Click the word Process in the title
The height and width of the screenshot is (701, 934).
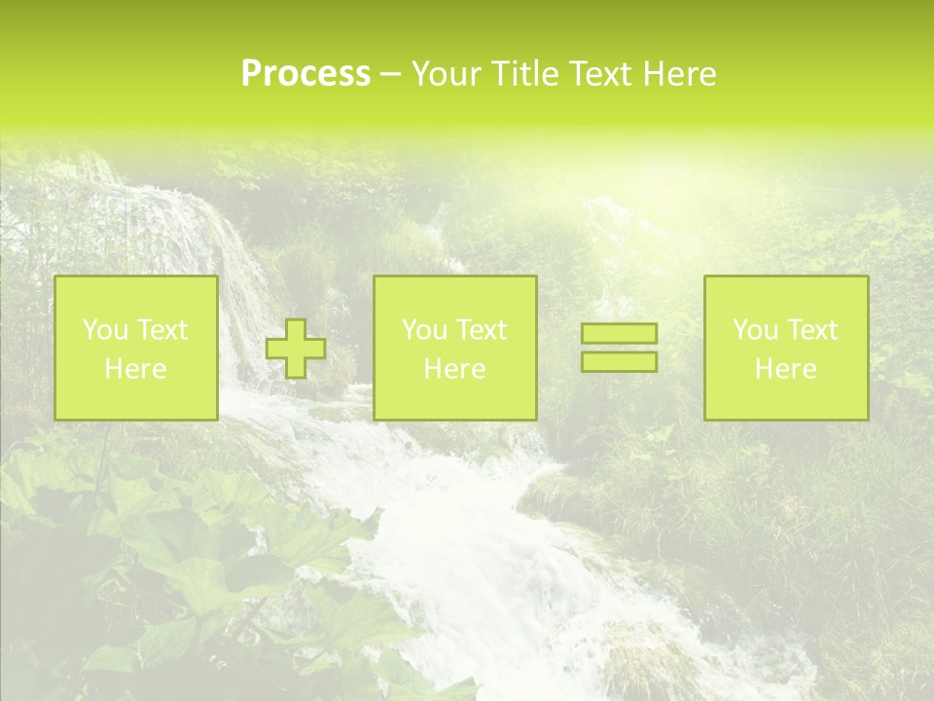coord(305,74)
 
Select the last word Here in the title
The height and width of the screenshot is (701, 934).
coord(682,74)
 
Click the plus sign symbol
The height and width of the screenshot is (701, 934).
coord(296,349)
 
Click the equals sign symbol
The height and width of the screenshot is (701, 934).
coord(619,348)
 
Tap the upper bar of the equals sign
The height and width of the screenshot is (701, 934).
coord(619,334)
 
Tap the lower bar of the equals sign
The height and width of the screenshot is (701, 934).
coord(619,361)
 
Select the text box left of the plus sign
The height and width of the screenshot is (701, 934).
coord(135,348)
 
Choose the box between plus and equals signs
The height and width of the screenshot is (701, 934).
coord(454,348)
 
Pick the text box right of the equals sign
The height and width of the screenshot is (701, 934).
coord(785,348)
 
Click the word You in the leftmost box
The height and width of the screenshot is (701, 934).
coord(105,330)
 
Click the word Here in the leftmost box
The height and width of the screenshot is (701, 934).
coord(135,369)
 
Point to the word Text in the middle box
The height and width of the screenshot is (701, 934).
coord(483,330)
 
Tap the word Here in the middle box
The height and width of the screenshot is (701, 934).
coord(454,369)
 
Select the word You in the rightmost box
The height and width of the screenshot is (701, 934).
coord(755,330)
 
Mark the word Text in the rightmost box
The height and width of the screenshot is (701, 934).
coord(813,330)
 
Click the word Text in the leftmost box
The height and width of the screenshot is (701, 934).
coord(163,330)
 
